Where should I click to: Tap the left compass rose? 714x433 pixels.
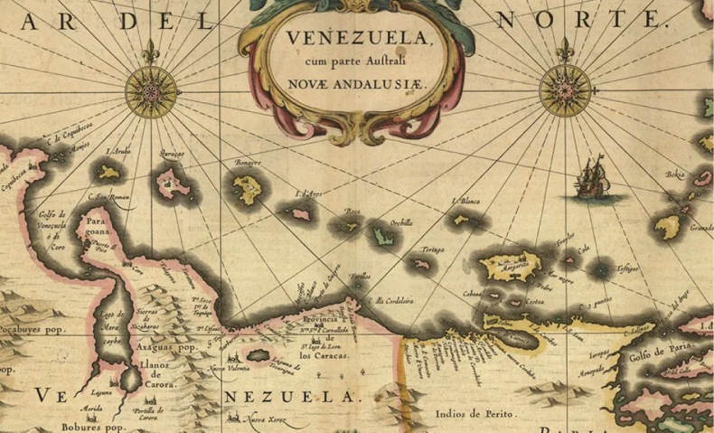point(151,91)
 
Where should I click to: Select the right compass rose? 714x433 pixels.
point(565,90)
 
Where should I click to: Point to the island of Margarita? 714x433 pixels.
point(511,266)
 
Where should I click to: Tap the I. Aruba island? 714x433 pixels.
point(109,172)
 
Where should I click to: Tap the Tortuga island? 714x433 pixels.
point(420,264)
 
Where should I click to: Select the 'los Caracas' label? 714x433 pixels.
point(324,355)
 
